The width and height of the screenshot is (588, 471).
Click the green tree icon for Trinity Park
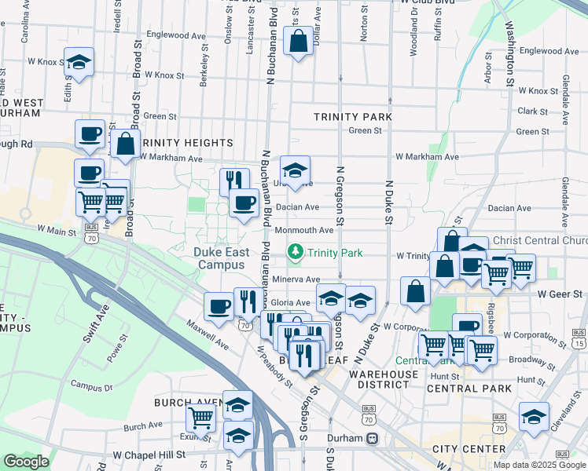(296, 252)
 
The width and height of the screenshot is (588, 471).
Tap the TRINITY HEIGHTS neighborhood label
(188, 143)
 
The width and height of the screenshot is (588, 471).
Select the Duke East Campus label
(222, 258)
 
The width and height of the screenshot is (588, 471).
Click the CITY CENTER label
(469, 449)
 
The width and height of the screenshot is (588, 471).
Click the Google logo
(26, 461)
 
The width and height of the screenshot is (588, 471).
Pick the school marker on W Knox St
(79, 64)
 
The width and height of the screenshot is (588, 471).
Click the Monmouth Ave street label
(304, 230)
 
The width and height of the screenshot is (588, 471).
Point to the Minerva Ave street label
(296, 279)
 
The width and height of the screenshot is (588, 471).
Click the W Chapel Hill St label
(149, 455)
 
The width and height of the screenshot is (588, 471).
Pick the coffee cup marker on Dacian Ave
(244, 203)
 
